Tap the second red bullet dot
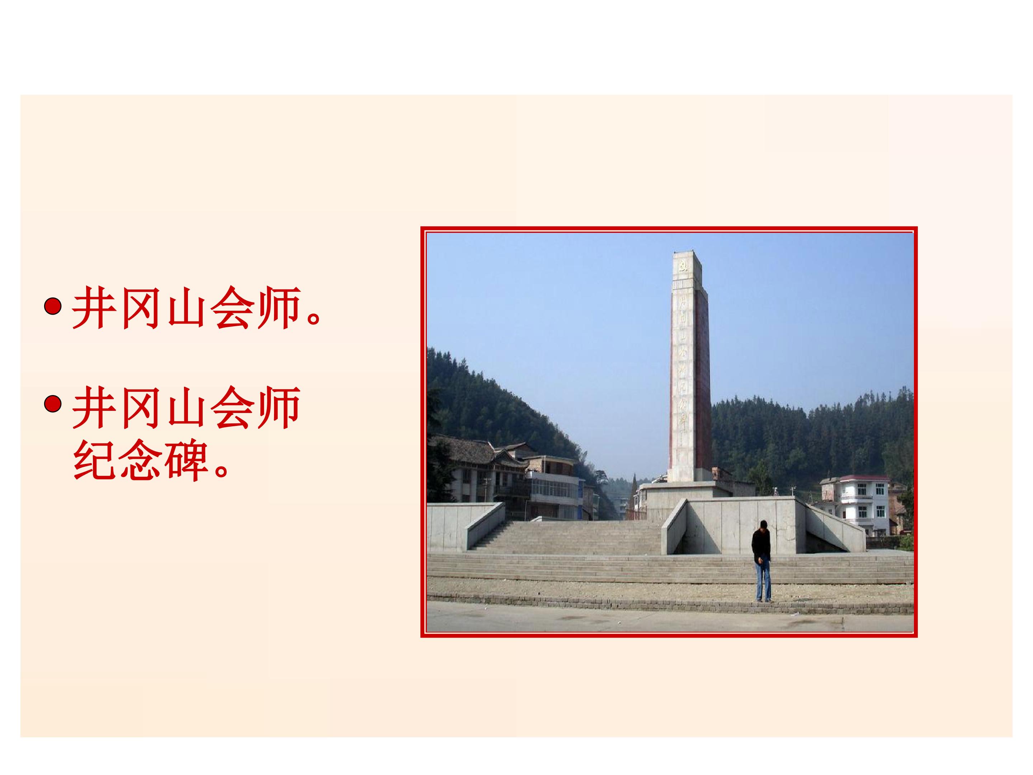(x=53, y=404)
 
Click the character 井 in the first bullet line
(x=94, y=308)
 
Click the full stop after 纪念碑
(x=222, y=469)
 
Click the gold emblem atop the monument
(x=684, y=267)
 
